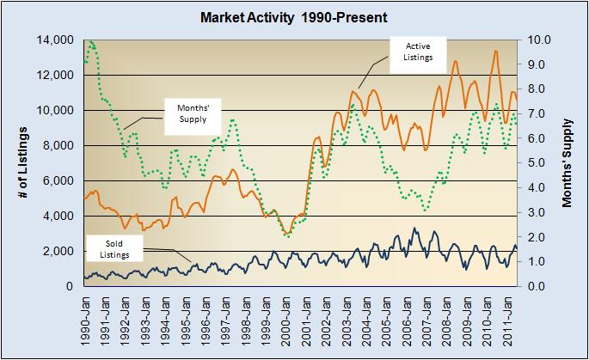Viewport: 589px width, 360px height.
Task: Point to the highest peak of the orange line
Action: tap(495, 51)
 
